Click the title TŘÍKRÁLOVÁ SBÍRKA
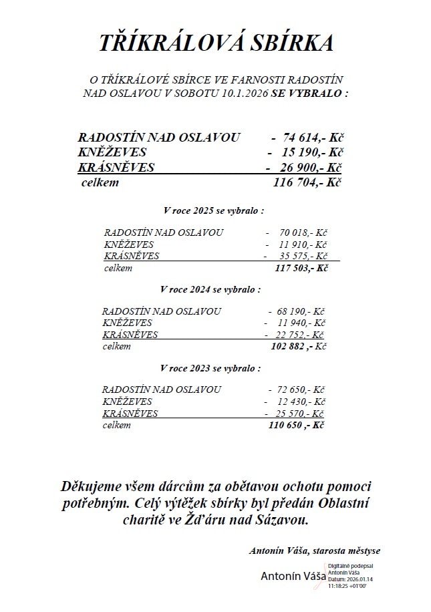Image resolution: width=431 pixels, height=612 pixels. pos(215,43)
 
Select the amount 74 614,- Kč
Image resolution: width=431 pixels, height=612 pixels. pos(311,138)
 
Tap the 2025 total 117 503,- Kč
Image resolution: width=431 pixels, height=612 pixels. pos(301,268)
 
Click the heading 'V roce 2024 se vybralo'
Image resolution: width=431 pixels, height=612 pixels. pos(211,290)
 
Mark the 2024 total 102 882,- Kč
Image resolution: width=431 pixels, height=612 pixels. pos(297,347)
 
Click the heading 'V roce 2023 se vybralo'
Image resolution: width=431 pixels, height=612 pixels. pos(211,368)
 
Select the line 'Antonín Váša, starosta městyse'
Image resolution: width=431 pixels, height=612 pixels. pos(315,551)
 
